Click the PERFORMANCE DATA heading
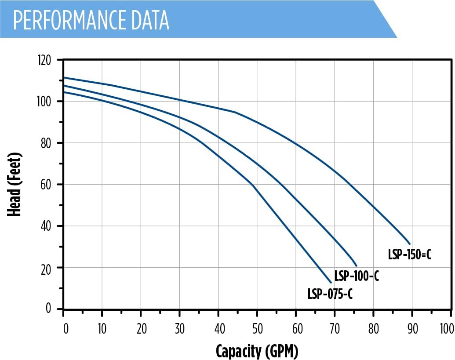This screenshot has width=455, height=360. click(x=91, y=19)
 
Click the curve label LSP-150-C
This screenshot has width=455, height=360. click(x=409, y=255)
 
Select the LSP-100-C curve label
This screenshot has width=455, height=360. click(x=356, y=276)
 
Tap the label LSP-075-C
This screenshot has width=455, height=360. click(x=330, y=294)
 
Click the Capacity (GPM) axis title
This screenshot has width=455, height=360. click(x=257, y=351)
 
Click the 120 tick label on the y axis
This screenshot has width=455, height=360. click(x=44, y=60)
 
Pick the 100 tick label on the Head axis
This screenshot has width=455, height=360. click(x=44, y=102)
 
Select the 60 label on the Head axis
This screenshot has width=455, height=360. click(x=46, y=185)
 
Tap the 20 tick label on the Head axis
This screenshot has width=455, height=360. click(x=46, y=268)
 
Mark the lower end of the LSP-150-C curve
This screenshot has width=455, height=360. click(x=410, y=244)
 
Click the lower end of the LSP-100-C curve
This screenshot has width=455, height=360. click(x=356, y=265)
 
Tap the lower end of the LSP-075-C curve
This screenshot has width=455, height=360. click(x=331, y=282)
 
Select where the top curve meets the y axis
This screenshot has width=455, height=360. click(x=64, y=78)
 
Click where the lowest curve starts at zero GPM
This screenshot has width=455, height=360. click(x=64, y=92)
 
